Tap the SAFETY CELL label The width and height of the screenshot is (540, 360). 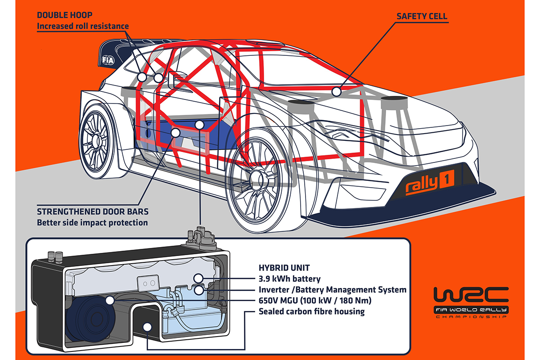coord(422,16)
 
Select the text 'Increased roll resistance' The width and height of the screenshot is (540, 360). coord(83,26)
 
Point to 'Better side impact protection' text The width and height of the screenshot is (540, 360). coord(92,222)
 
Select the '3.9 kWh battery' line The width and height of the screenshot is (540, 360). coord(290,279)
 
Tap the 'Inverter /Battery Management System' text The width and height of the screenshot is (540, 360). coord(333,290)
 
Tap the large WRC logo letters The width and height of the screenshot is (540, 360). coord(471,295)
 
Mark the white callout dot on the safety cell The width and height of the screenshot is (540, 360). coord(335,92)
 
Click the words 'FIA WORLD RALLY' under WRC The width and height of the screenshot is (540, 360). coord(471,310)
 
